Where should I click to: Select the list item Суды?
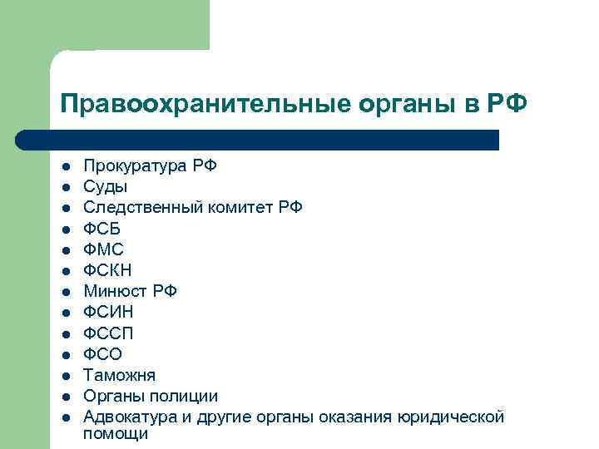[x=106, y=186]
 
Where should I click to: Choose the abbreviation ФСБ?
[x=102, y=229]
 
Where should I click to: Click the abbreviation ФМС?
[x=104, y=249]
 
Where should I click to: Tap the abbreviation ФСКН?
[x=108, y=270]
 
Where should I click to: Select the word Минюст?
[x=116, y=291]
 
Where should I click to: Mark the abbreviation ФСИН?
[x=108, y=312]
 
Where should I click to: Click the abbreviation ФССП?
[x=108, y=333]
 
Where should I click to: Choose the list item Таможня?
[x=119, y=375]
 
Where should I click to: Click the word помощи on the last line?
[x=116, y=434]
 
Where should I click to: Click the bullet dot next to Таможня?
[x=66, y=375]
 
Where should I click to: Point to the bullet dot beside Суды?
[x=66, y=186]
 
